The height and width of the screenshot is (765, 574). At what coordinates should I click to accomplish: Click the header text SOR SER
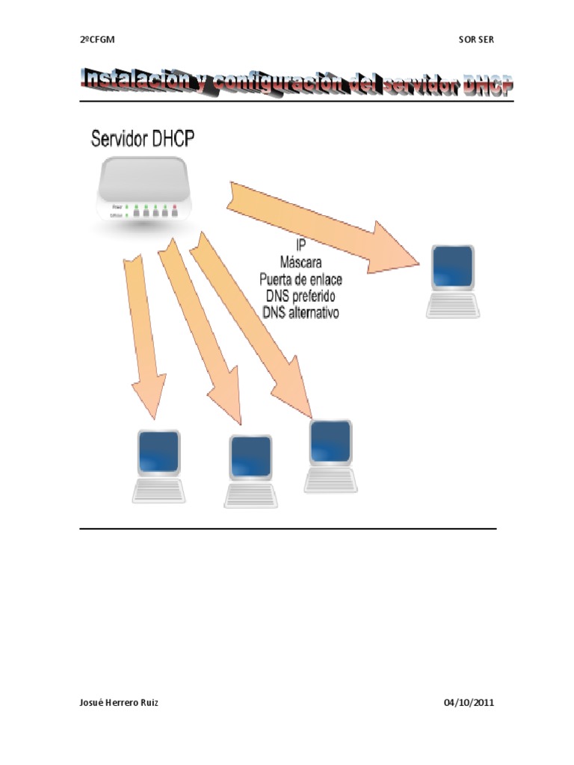476,40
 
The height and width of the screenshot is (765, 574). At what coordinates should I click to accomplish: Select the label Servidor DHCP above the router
145,139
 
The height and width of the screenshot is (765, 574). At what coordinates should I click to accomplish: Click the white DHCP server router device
144,190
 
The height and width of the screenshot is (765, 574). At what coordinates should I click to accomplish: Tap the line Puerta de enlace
300,279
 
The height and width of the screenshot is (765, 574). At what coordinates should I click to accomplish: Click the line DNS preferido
300,296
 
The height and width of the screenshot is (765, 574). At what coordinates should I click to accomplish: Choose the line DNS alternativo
300,313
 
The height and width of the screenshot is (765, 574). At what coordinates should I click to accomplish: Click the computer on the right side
452,281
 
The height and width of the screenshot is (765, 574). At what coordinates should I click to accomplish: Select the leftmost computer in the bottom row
158,465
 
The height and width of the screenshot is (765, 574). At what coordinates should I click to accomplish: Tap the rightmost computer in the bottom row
330,456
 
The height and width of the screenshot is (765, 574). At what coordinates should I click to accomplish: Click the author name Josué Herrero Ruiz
119,703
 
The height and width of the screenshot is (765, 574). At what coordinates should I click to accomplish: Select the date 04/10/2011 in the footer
469,703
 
